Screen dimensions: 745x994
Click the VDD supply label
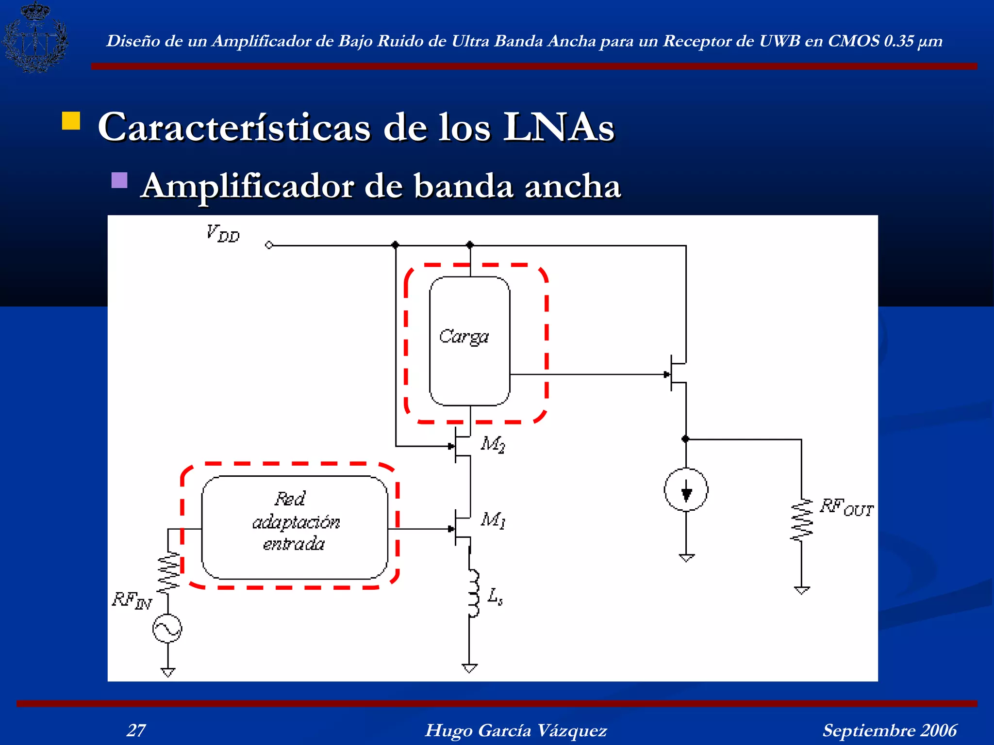point(223,233)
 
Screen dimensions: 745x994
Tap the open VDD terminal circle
point(269,245)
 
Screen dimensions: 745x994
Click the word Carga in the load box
point(464,337)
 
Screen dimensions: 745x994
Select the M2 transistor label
point(493,444)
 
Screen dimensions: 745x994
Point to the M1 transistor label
point(493,520)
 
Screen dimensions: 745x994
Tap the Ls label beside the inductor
point(495,596)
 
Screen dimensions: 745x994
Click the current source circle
point(686,490)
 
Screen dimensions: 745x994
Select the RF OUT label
point(846,507)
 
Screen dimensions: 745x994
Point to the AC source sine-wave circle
point(167,629)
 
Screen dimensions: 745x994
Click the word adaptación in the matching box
point(296,522)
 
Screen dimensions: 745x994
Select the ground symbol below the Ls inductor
point(469,668)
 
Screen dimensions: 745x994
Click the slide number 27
point(136,730)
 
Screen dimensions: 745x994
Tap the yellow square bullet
point(71,121)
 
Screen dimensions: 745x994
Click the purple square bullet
point(119,180)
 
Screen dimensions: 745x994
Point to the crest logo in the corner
point(35,37)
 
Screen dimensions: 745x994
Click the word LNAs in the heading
point(559,127)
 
